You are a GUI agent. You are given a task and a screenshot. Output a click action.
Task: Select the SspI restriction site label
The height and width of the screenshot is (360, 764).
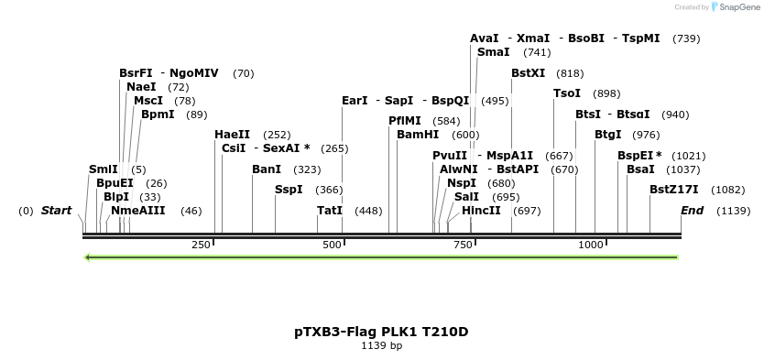point(289,190)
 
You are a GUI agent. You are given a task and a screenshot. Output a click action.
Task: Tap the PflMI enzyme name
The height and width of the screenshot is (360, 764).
point(404,120)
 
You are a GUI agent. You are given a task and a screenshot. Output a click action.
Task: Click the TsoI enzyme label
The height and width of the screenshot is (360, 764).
point(567,93)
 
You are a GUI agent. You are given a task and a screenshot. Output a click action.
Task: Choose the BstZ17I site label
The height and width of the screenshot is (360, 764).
point(673,190)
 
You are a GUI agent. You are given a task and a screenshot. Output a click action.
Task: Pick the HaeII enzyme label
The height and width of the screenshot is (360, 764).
point(232,135)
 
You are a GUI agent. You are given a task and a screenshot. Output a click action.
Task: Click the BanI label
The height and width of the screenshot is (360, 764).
point(267,169)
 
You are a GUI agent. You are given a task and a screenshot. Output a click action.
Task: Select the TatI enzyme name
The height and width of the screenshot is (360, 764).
point(330,211)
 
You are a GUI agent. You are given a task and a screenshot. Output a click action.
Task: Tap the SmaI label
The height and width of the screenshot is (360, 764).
point(493,53)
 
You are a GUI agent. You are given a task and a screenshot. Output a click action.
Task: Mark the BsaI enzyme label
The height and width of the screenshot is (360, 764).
point(640,169)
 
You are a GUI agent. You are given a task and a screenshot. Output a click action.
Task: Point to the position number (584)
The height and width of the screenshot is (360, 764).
point(446,120)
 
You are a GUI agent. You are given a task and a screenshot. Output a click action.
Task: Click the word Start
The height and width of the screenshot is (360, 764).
point(56,211)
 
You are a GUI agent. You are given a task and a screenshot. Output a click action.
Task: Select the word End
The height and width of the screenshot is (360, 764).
point(693,211)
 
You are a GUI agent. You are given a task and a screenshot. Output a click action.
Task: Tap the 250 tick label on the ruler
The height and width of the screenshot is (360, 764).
point(201,245)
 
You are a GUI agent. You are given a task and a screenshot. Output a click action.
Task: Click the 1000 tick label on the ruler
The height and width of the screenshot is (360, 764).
point(591,245)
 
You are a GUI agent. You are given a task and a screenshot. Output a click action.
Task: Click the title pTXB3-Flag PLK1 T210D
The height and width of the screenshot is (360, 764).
point(381,332)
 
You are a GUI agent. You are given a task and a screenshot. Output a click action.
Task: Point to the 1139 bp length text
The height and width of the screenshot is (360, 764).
point(381,346)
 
